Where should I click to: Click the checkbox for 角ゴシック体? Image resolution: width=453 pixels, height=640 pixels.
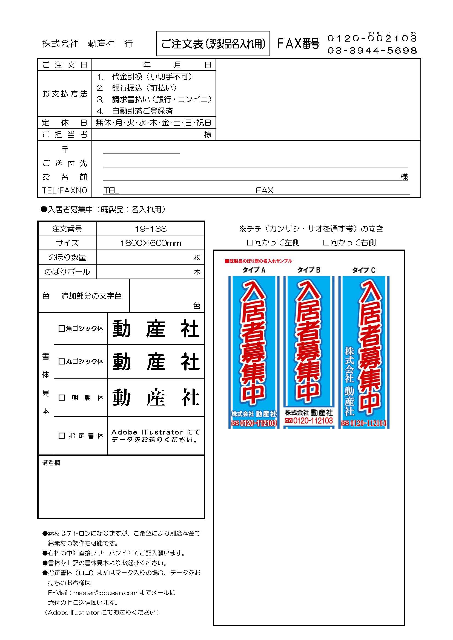pyautogui.click(x=61, y=328)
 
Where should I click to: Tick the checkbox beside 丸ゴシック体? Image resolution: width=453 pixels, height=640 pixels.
pyautogui.click(x=61, y=361)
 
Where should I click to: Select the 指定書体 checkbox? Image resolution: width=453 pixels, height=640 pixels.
pyautogui.click(x=61, y=435)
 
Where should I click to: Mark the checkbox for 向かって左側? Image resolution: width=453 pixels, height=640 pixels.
pyautogui.click(x=250, y=242)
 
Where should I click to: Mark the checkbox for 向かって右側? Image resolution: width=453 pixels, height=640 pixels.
pyautogui.click(x=326, y=242)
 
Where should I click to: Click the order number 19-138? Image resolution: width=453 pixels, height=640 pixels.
pyautogui.click(x=151, y=229)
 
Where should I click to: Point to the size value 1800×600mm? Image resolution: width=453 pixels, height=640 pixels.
pyautogui.click(x=151, y=243)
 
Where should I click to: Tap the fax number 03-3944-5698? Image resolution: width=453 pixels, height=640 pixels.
pyautogui.click(x=372, y=50)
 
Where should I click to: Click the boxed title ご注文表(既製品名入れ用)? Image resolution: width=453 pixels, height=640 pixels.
pyautogui.click(x=213, y=44)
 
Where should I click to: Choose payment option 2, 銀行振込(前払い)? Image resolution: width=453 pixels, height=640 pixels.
pyautogui.click(x=137, y=88)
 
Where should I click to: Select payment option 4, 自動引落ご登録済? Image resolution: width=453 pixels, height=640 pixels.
pyautogui.click(x=135, y=111)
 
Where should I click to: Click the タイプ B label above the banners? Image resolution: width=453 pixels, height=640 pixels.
pyautogui.click(x=309, y=270)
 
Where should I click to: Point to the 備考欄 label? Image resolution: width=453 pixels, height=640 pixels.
pyautogui.click(x=51, y=463)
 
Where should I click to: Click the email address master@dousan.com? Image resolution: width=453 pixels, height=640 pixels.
pyautogui.click(x=105, y=592)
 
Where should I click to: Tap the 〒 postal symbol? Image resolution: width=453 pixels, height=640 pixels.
pyautogui.click(x=65, y=149)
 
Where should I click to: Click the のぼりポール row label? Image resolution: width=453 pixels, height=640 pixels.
pyautogui.click(x=67, y=271)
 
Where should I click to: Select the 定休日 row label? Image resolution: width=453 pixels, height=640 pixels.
pyautogui.click(x=65, y=123)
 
